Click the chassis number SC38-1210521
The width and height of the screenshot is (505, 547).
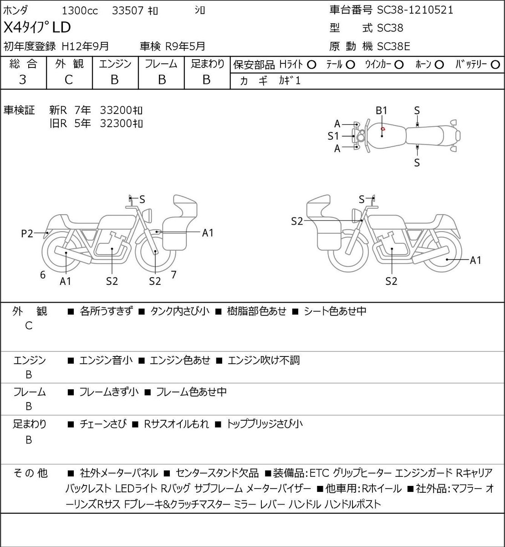tap(415, 10)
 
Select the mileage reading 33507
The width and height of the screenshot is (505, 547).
tap(128, 11)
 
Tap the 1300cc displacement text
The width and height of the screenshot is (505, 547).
tap(80, 11)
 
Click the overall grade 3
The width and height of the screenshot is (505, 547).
tap(23, 80)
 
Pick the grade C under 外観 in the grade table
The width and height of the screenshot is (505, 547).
tap(68, 80)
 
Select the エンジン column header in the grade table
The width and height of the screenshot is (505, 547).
tap(115, 64)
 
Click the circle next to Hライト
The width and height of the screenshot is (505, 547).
tap(311, 65)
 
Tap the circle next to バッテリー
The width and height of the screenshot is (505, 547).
tap(495, 65)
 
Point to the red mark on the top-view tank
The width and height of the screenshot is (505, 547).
tap(383, 129)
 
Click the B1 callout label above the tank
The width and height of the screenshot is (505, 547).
tap(382, 110)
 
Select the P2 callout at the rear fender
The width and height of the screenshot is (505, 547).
tap(27, 233)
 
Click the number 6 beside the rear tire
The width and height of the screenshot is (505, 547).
tap(43, 274)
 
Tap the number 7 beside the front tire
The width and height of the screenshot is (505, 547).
tap(173, 274)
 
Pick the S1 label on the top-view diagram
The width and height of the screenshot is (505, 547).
tap(333, 136)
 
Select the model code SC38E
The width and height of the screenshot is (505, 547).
tap(393, 46)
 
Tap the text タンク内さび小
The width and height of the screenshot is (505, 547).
tap(180, 311)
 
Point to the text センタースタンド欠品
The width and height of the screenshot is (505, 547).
tap(217, 473)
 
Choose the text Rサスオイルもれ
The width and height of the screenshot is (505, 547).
tap(176, 424)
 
